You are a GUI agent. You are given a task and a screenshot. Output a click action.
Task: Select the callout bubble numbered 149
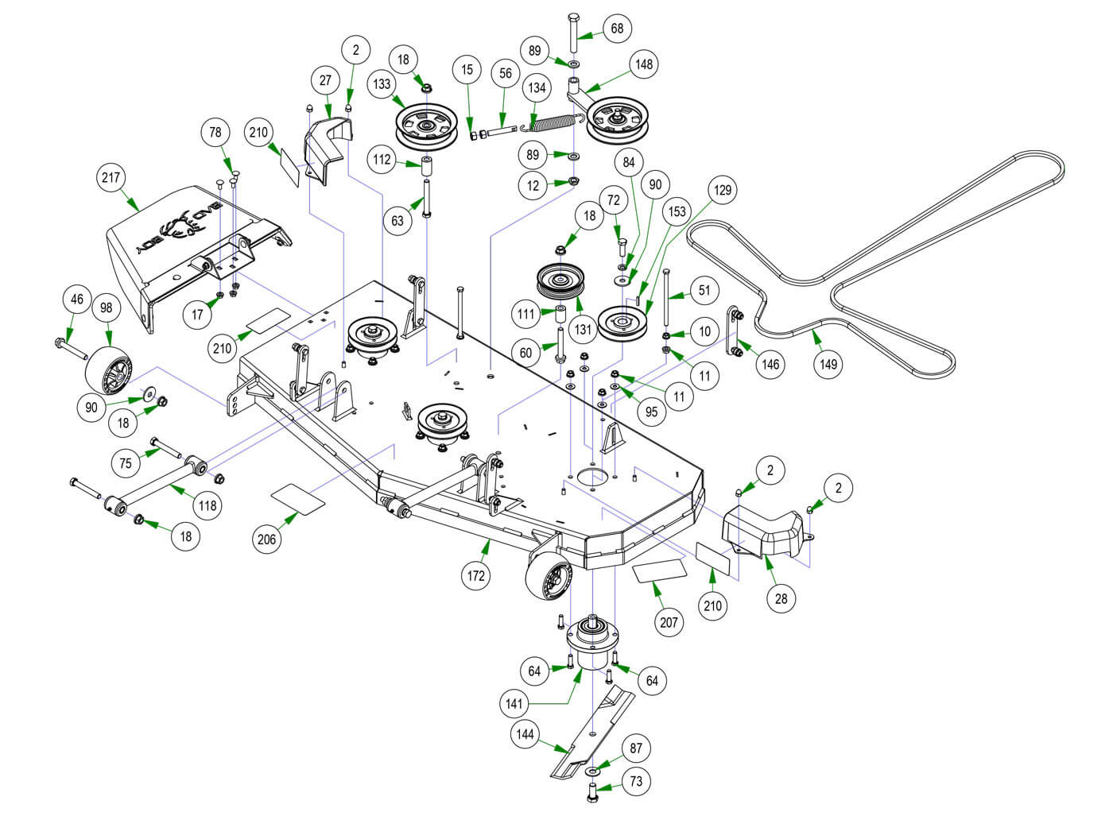[x=828, y=364]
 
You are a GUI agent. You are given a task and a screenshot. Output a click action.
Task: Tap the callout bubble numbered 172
[x=475, y=575]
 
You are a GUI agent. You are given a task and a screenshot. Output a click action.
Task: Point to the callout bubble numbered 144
[x=525, y=734]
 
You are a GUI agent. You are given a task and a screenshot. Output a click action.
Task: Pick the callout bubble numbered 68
[x=617, y=29]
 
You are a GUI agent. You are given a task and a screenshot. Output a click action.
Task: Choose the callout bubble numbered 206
[x=267, y=539]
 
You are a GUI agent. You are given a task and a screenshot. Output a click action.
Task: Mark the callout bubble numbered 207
[x=669, y=622]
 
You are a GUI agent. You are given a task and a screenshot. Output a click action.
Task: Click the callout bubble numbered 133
[x=383, y=83]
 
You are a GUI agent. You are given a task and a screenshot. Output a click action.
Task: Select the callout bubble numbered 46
[x=77, y=300]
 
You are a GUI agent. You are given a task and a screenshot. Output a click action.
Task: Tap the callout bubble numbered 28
[x=781, y=598]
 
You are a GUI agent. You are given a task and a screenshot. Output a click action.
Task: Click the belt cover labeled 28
[x=763, y=528]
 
